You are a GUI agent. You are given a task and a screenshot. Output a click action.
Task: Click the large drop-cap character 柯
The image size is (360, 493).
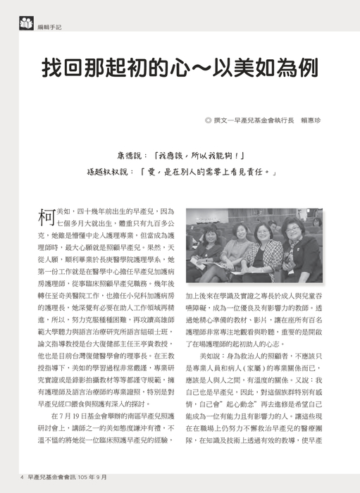click(x=44, y=217)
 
